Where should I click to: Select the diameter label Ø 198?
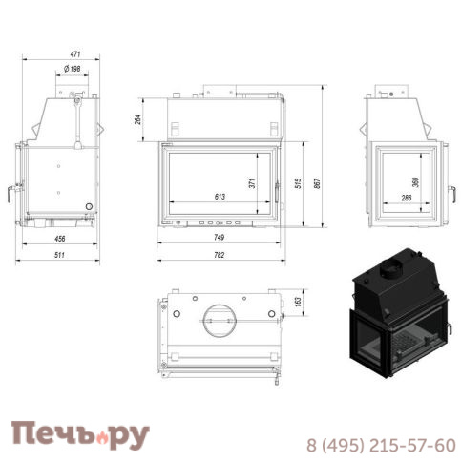(73, 68)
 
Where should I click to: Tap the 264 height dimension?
(138, 119)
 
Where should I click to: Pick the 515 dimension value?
(300, 183)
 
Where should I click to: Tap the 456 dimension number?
(59, 238)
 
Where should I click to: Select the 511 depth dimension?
(60, 254)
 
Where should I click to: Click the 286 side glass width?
(406, 197)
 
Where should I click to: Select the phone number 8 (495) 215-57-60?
(381, 445)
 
